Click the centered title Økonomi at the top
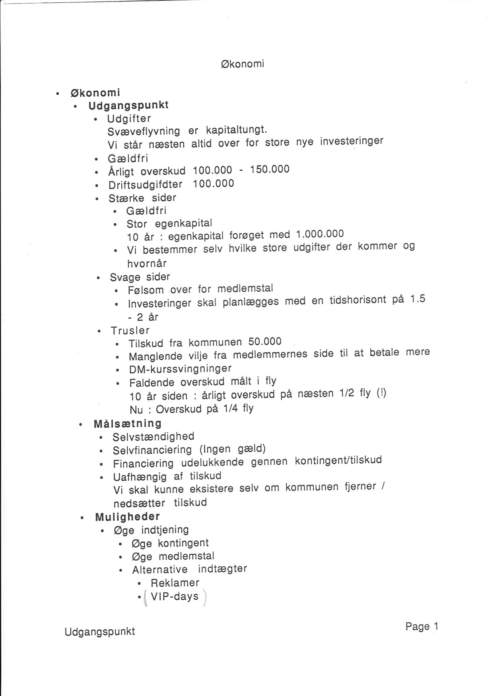(x=242, y=64)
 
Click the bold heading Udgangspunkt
(x=128, y=105)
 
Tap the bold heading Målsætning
(x=128, y=424)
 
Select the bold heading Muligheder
(x=127, y=517)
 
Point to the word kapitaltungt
(x=236, y=130)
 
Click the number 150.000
(x=270, y=169)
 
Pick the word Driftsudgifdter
(x=145, y=185)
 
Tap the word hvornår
(x=147, y=263)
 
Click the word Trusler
(x=130, y=331)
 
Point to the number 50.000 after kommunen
(x=265, y=342)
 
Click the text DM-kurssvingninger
(x=180, y=368)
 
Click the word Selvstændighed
(x=153, y=437)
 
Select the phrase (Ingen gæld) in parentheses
(x=233, y=449)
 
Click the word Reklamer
(x=175, y=583)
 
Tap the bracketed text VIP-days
(x=174, y=597)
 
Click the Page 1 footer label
(x=421, y=626)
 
